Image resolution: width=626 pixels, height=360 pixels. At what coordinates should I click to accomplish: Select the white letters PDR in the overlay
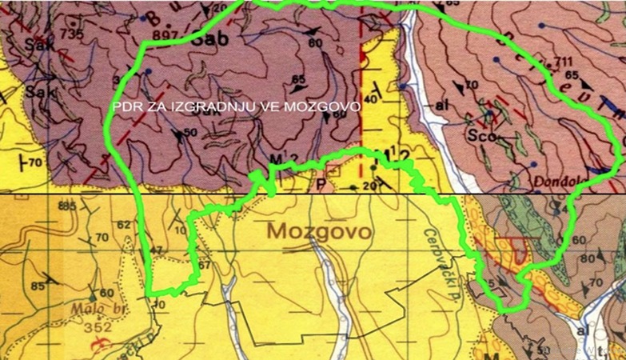pyautogui.click(x=126, y=105)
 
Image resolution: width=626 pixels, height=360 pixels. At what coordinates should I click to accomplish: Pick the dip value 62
pyautogui.click(x=123, y=225)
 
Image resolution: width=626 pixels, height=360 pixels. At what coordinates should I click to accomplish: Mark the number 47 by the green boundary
pyautogui.click(x=155, y=250)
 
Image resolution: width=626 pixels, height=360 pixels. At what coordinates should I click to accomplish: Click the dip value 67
pyautogui.click(x=204, y=266)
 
